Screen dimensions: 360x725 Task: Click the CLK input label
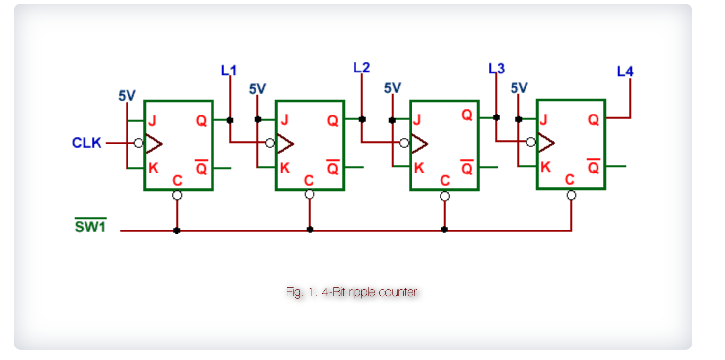[x=87, y=143]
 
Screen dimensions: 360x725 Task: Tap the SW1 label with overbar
[x=90, y=226]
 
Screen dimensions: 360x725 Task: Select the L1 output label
[x=229, y=71]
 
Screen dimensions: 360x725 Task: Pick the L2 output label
[x=361, y=68]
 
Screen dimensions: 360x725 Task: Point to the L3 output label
[x=496, y=69]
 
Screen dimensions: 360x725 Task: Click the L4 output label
[x=625, y=72]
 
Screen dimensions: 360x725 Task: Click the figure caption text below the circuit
[x=352, y=292]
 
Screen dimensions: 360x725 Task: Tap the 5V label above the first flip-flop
[x=127, y=96]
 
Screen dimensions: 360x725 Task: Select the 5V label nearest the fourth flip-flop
[x=519, y=87]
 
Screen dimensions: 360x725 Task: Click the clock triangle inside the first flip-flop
[x=154, y=144]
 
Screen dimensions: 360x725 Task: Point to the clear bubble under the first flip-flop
[x=177, y=195]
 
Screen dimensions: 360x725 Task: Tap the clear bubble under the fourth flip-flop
[x=571, y=195]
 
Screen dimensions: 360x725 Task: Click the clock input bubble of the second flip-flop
[x=270, y=143]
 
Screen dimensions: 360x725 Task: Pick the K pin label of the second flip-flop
[x=285, y=168]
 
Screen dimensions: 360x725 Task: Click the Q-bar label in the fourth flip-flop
[x=593, y=167]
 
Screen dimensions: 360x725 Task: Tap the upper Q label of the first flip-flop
[x=201, y=121]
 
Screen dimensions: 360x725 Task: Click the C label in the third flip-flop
[x=445, y=181]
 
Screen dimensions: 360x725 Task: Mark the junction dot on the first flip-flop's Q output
[x=230, y=120]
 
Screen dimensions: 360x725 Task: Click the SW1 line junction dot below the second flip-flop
[x=310, y=230]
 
